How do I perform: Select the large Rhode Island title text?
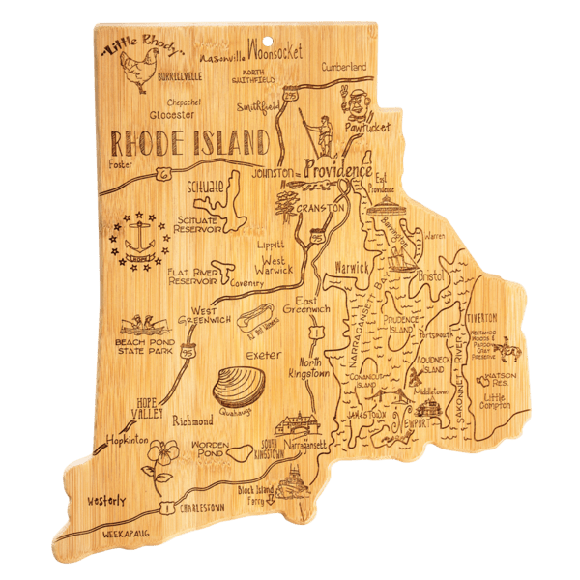pos(189,143)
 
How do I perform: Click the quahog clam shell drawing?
pos(238,388)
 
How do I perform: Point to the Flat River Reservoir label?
pos(197,279)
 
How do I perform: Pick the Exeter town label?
pos(263,357)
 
